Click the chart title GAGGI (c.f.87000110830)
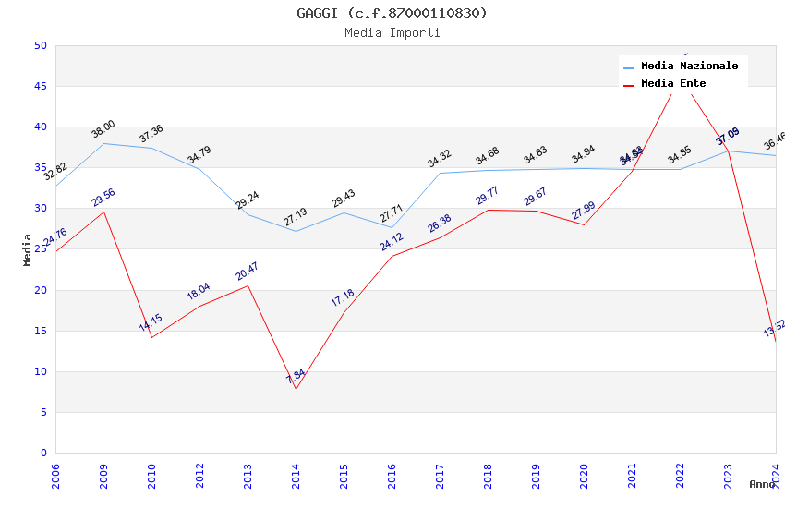pos(392,13)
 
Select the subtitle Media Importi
pos(392,32)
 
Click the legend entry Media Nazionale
pos(689,66)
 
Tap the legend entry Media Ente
pos(673,83)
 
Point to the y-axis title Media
pos(28,249)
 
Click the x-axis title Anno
pos(762,484)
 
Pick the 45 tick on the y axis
pos(41,86)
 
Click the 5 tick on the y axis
pos(43,412)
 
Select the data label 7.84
pos(296,376)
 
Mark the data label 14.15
pos(151,322)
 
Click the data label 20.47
pos(247,271)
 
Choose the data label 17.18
pos(343,297)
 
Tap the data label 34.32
pos(439,159)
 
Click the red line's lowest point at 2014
pos(296,389)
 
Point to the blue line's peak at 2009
pos(103,143)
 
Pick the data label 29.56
pos(103,197)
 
